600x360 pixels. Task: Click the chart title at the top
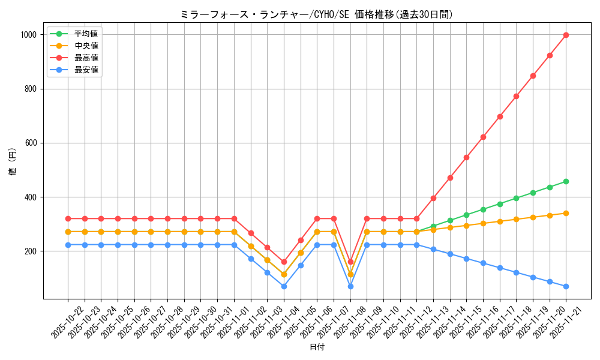click(316, 14)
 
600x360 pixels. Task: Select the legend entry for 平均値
click(86, 34)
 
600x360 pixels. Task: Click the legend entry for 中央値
click(86, 46)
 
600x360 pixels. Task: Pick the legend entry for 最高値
click(86, 58)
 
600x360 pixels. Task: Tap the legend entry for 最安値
click(86, 70)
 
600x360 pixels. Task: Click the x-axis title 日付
click(317, 347)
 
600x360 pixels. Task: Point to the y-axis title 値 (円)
click(13, 162)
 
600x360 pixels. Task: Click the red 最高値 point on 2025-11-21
click(566, 35)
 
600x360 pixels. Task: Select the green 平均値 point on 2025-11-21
click(566, 181)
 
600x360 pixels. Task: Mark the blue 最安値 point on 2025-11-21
click(566, 286)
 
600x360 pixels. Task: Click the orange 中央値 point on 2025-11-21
click(566, 213)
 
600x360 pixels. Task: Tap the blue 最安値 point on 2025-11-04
click(284, 286)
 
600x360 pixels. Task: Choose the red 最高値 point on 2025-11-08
click(350, 262)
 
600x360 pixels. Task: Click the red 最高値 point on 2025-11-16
click(483, 137)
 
